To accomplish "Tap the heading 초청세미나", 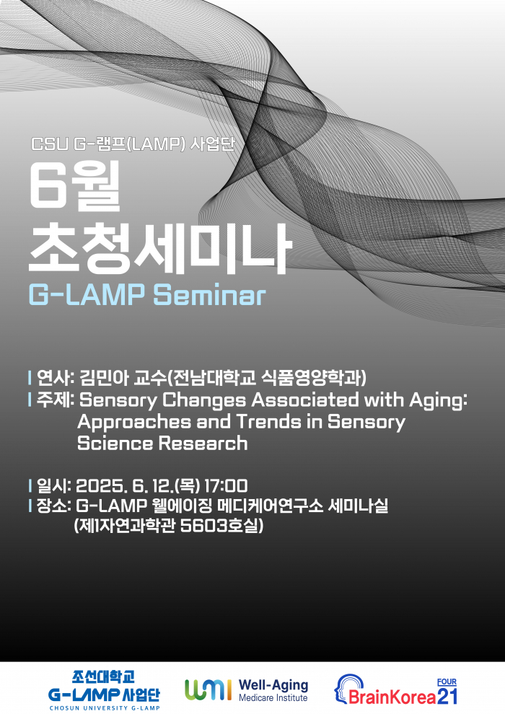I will click(x=159, y=246).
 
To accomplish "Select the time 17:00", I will click(x=227, y=485).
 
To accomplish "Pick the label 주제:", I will click(x=56, y=400).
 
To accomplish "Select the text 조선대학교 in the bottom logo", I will click(x=104, y=677).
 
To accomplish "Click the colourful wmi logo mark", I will click(x=208, y=690).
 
